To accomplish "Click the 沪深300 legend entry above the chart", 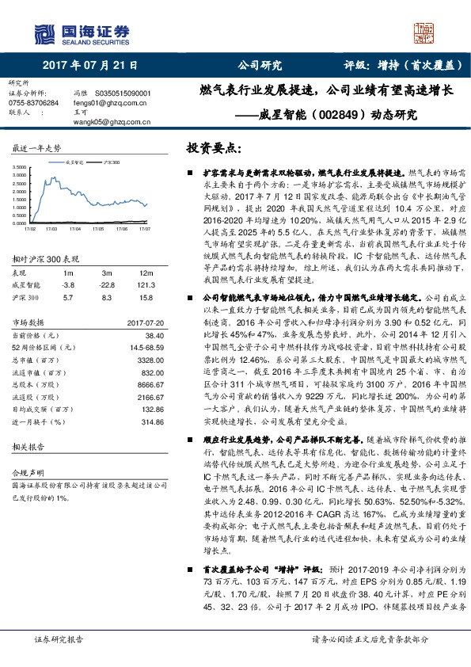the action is pos(112,160).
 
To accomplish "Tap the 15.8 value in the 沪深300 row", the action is pos(146,297).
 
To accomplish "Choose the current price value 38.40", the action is pos(143,335).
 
